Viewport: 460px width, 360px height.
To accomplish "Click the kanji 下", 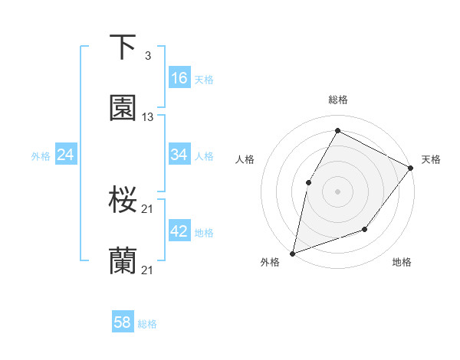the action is point(123,47).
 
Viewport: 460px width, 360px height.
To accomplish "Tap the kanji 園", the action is point(123,109).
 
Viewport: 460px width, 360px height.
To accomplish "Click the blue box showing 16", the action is point(179,78).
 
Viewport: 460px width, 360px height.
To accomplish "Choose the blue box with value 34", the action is point(179,155).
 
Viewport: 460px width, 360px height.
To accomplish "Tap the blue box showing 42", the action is point(179,231).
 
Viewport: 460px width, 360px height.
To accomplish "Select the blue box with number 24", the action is point(66,155).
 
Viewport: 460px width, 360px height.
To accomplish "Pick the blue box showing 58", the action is point(123,322).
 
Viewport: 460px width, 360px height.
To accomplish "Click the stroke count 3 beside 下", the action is point(148,56).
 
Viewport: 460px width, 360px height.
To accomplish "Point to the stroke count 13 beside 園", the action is point(148,117).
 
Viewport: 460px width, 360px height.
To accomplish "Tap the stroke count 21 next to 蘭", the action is point(148,270).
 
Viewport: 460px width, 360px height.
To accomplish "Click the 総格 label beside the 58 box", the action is point(147,324).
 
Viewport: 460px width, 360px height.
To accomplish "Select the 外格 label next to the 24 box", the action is point(41,156).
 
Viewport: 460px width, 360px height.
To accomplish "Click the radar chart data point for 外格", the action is point(292,253).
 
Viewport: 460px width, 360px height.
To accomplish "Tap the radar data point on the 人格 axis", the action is point(309,182).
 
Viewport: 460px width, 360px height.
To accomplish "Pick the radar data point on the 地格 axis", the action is point(365,229).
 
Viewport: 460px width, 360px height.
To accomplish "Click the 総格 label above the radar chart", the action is point(338,100).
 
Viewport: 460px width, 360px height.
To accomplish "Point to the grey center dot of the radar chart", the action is point(337,191).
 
